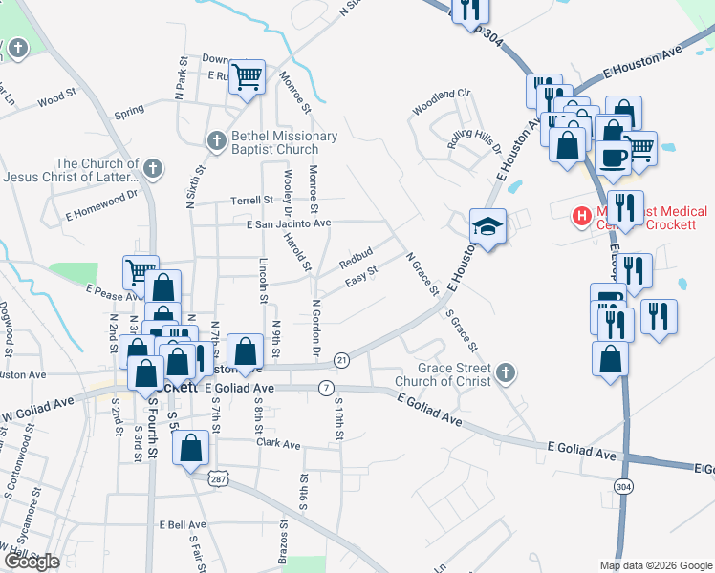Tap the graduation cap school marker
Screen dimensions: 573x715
click(487, 227)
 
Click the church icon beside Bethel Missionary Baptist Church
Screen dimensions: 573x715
click(217, 142)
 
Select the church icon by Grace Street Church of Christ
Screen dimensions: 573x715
click(506, 374)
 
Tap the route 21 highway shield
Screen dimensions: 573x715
click(341, 359)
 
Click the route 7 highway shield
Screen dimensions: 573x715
click(327, 387)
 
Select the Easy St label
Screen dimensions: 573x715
click(361, 275)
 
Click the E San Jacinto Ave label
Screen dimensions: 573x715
click(288, 223)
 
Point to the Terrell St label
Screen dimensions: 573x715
click(250, 201)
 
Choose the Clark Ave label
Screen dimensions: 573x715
click(277, 445)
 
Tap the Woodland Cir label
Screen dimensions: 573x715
click(443, 93)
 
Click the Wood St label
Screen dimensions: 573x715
click(56, 97)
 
